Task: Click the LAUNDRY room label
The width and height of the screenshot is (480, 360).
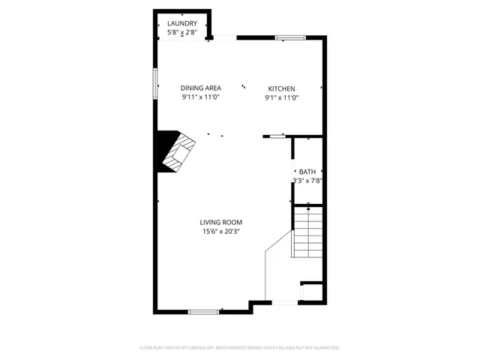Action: [x=182, y=23]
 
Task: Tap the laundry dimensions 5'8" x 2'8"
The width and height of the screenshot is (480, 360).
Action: [x=182, y=32]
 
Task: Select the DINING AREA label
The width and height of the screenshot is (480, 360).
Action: [x=200, y=88]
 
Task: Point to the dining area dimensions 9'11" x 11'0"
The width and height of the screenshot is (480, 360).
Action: [x=200, y=97]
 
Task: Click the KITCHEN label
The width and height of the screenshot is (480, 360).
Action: [x=282, y=88]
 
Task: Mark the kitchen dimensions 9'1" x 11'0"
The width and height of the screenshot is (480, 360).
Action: [x=282, y=97]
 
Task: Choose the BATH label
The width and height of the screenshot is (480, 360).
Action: [x=307, y=172]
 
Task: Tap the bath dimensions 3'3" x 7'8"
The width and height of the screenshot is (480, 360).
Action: [x=307, y=181]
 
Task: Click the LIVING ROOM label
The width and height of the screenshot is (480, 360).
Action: [x=221, y=222]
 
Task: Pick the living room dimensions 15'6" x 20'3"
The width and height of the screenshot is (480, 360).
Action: [x=221, y=232]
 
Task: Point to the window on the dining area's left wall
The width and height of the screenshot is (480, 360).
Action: [x=155, y=83]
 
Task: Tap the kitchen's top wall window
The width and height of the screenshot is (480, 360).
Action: [x=289, y=37]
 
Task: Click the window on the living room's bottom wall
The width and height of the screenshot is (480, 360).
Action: [x=203, y=311]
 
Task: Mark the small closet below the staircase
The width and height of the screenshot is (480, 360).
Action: [x=310, y=292]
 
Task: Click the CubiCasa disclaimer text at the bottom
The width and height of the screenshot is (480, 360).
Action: [x=240, y=348]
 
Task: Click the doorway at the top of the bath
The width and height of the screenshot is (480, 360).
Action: [x=278, y=136]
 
